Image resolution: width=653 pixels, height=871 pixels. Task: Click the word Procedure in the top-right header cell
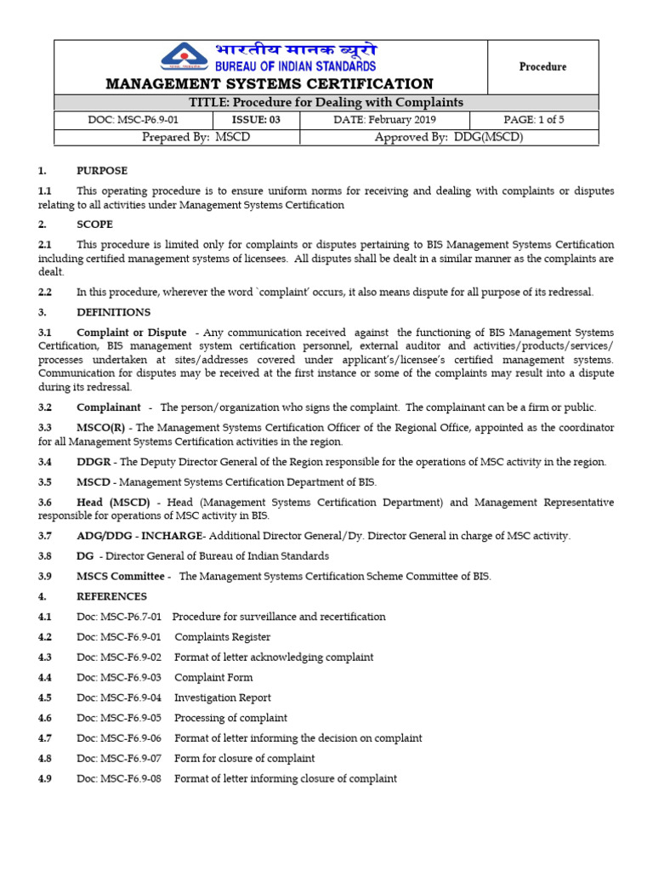point(542,66)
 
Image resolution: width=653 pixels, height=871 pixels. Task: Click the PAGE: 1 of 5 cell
point(534,120)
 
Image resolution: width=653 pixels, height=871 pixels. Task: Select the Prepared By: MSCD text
point(196,137)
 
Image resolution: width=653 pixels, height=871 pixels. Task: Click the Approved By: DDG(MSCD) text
point(449,137)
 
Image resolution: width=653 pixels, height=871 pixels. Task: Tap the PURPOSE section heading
point(102,171)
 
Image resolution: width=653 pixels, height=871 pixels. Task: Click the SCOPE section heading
point(95,225)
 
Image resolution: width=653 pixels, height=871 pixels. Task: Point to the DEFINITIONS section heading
point(113,312)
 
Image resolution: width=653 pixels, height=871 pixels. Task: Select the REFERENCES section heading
point(111,596)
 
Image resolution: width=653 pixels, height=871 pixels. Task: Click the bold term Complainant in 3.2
point(109,407)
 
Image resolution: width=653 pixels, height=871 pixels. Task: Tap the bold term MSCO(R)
point(101,427)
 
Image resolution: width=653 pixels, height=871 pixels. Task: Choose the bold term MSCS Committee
point(121,576)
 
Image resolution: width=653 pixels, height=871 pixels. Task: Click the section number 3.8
point(45,555)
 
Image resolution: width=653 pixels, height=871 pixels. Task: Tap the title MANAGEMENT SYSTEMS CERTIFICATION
point(269,83)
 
